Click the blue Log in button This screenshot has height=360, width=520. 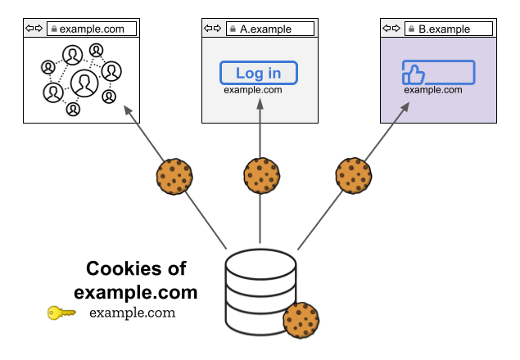258,73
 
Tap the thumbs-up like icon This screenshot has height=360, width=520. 414,73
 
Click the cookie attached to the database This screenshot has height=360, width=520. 301,320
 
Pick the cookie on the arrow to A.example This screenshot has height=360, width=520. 262,176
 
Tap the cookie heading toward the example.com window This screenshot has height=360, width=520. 174,176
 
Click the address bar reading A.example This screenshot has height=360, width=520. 270,29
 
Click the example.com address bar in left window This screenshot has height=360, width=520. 91,29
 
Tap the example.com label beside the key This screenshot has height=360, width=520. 132,313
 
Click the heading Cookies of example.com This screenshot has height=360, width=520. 136,280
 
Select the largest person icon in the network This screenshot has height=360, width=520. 84,82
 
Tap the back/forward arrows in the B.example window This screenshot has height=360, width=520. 391,29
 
